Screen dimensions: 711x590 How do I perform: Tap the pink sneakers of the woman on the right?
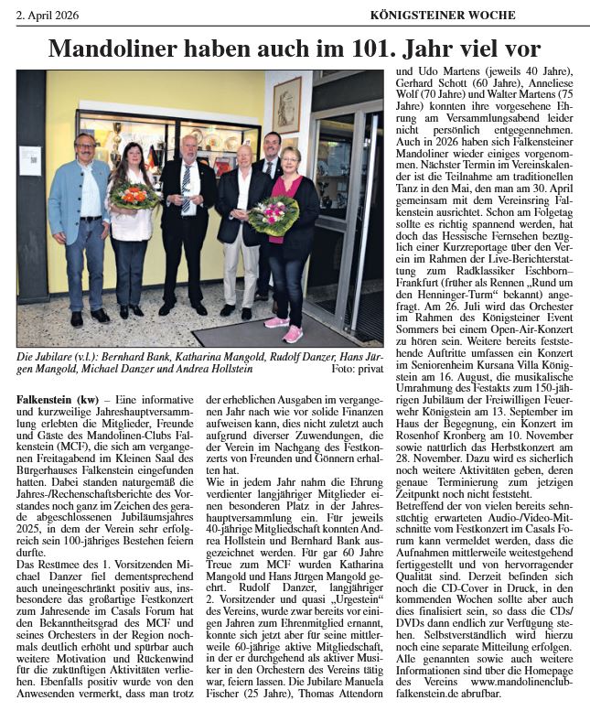pos(284,329)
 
